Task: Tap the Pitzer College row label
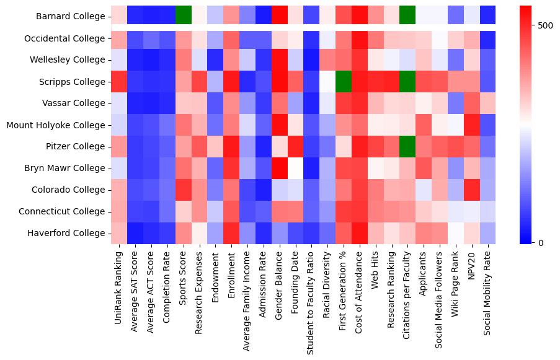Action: (76, 146)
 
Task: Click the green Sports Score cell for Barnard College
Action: (183, 14)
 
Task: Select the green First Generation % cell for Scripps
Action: (344, 81)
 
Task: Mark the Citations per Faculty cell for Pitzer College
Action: (409, 146)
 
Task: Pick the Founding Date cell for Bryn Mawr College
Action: (296, 168)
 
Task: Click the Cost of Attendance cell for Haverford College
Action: (360, 233)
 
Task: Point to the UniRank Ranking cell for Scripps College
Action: (118, 81)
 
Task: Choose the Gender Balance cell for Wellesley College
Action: (280, 59)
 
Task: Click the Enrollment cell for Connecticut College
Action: (231, 211)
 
